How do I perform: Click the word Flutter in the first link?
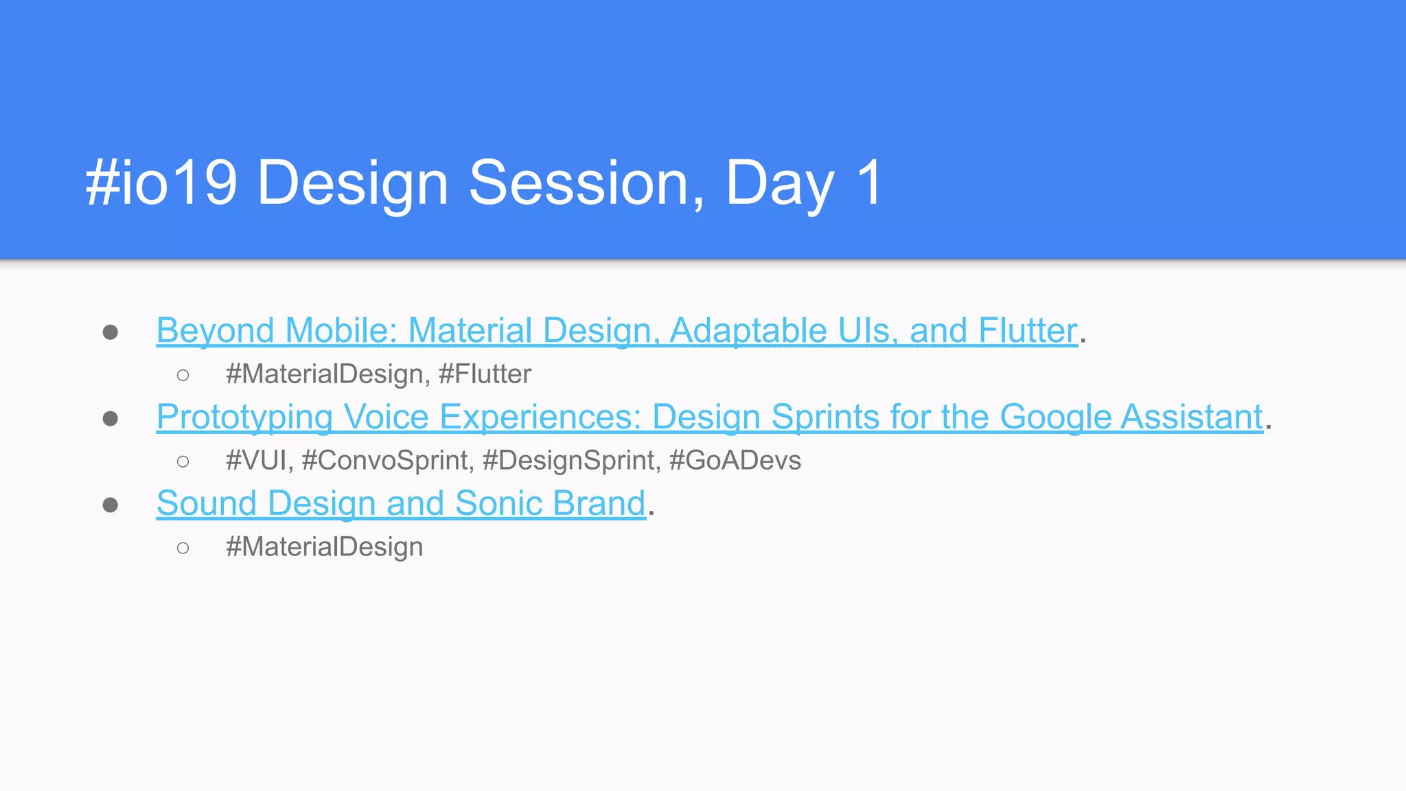click(x=1028, y=331)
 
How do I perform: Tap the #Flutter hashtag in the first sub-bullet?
click(x=485, y=374)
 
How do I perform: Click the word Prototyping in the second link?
click(x=244, y=417)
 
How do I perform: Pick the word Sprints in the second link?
click(x=825, y=417)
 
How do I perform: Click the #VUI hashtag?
click(x=256, y=461)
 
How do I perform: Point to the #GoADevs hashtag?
click(x=735, y=461)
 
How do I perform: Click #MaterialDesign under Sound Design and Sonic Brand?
click(x=324, y=547)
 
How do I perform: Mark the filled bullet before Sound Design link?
click(x=110, y=505)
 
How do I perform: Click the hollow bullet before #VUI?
click(x=183, y=461)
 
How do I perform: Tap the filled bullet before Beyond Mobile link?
click(x=110, y=332)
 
